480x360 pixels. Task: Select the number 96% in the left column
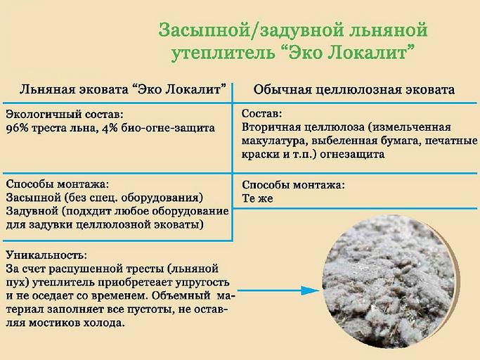pos(19,128)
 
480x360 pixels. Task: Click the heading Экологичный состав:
pos(64,115)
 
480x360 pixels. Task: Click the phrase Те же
pos(257,199)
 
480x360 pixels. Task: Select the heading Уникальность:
pos(46,255)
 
